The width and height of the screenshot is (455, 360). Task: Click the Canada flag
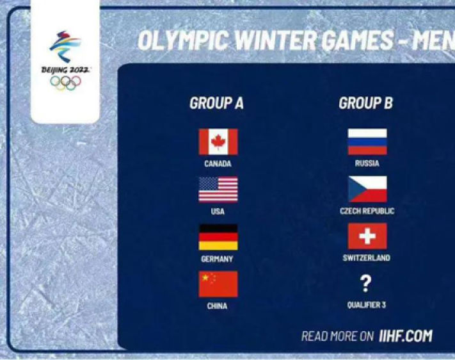coord(218,142)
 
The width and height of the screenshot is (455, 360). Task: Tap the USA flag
coord(218,189)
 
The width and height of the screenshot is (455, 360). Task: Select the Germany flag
coord(218,237)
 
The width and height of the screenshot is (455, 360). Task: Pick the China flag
coord(218,284)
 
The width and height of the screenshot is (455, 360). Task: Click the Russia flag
coord(367,142)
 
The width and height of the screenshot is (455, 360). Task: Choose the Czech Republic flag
coord(367,189)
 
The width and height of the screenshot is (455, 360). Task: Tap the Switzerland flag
coord(367,236)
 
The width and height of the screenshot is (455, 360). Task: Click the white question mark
coord(365,284)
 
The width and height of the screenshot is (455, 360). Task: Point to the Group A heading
coord(216,103)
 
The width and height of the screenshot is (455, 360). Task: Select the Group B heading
coord(365,103)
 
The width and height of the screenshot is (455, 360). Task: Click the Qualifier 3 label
coord(367,305)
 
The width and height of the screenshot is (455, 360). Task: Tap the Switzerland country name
coord(367,258)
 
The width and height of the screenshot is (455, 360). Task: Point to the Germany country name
coord(217,259)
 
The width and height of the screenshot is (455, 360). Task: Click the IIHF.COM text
coord(406,336)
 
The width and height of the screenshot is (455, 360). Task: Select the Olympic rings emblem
coord(65,83)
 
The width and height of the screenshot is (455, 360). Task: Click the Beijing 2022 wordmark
coord(65,70)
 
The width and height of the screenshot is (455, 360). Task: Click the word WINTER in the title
coord(275,40)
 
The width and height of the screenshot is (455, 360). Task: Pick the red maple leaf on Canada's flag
coord(218,142)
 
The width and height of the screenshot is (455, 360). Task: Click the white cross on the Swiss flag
coord(367,236)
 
